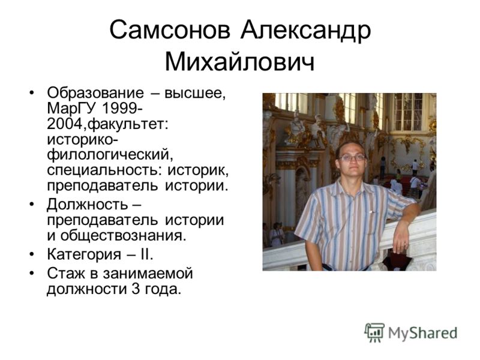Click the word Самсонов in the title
coord(170,29)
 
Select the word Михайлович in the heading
coord(239,62)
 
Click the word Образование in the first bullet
coord(95,93)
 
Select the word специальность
coord(103,171)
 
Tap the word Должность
coord(88,205)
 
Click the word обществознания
coord(123,235)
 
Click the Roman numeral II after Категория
coord(146,254)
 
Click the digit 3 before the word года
coord(136,289)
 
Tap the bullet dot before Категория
coord(32,254)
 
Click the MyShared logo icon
coord(374,332)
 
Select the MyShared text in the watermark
coord(423,333)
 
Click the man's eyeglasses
coord(352,158)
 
